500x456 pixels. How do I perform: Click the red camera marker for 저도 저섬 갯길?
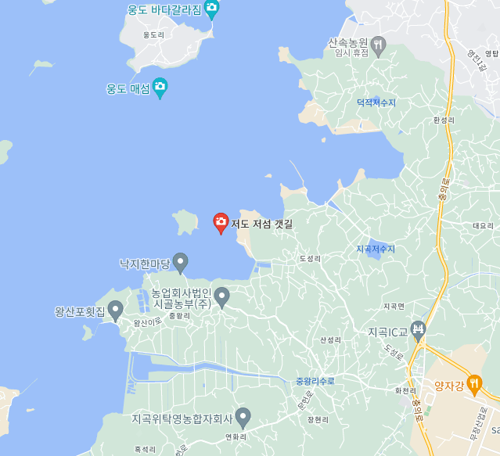pyautogui.click(x=221, y=223)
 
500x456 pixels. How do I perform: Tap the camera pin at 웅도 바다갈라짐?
pyautogui.click(x=211, y=9)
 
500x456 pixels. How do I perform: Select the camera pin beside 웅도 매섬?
pyautogui.click(x=160, y=88)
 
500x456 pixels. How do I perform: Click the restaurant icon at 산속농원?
pyautogui.click(x=378, y=45)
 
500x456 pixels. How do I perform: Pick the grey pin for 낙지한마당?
pyautogui.click(x=181, y=263)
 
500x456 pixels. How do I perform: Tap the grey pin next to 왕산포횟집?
pyautogui.click(x=116, y=311)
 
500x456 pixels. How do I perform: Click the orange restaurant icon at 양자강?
pyautogui.click(x=473, y=384)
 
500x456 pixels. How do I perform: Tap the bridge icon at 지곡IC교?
pyautogui.click(x=418, y=329)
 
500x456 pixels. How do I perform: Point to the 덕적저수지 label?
pyautogui.click(x=376, y=102)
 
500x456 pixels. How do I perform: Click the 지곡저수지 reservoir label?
pyautogui.click(x=376, y=249)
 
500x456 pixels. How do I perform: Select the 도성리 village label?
pyautogui.click(x=310, y=258)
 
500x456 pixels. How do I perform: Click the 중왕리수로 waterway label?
pyautogui.click(x=315, y=382)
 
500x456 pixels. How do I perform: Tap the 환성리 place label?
pyautogui.click(x=443, y=120)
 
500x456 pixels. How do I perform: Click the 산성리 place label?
pyautogui.click(x=331, y=340)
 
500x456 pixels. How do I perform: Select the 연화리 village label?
pyautogui.click(x=236, y=436)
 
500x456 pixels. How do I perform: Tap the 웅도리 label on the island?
pyautogui.click(x=154, y=35)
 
